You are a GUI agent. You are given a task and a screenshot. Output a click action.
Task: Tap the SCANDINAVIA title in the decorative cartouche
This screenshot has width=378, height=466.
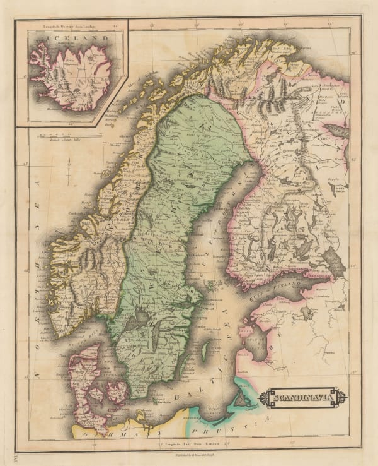click(x=306, y=398)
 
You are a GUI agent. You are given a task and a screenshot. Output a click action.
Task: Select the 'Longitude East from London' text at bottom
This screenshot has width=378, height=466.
click(x=190, y=443)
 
